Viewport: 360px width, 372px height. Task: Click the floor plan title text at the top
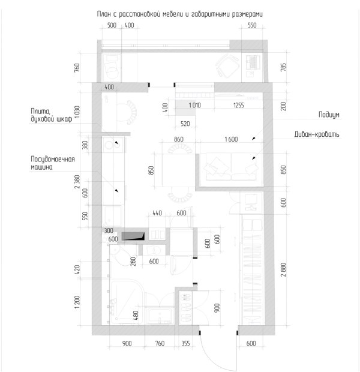(179, 14)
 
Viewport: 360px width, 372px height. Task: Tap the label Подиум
(329, 115)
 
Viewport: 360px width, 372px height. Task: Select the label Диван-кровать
(317, 134)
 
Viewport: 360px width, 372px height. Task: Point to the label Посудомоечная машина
(52, 163)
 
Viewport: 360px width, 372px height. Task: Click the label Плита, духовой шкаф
(51, 115)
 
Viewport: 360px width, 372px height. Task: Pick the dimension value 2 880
(283, 269)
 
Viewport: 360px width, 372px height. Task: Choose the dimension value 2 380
(77, 182)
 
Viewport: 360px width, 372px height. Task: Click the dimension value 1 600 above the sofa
(231, 139)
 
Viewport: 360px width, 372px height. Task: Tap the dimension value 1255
(238, 105)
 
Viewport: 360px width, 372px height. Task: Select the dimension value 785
(283, 67)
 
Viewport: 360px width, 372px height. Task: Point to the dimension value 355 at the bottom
(185, 343)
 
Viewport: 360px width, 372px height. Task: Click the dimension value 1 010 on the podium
(194, 105)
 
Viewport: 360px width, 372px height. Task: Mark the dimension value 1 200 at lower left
(77, 302)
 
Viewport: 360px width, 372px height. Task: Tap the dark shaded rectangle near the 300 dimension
(133, 236)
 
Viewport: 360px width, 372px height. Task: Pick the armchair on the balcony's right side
(227, 66)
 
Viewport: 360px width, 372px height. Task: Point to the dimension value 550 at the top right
(252, 25)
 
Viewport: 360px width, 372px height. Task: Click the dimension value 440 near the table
(157, 213)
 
